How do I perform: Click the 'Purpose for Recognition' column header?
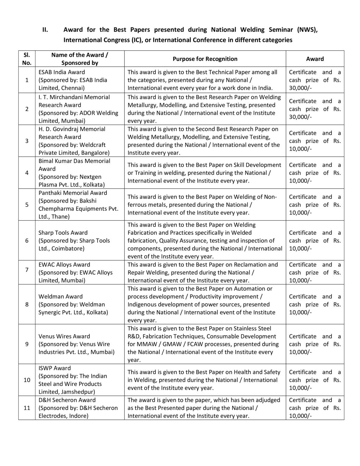point(205,59)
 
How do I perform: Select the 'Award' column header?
point(315,59)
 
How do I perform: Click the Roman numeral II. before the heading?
point(45,30)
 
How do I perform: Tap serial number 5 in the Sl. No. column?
point(27,204)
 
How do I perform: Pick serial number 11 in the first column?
point(27,408)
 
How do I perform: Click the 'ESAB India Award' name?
point(62,72)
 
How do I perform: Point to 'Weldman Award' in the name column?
point(60,296)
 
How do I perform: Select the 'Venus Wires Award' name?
point(64,336)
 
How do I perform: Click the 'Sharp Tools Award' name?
point(63,233)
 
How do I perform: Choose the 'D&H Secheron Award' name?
point(67,400)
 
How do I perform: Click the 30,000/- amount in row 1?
point(300,88)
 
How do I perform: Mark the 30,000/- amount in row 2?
point(300,117)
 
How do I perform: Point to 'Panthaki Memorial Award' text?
point(72,193)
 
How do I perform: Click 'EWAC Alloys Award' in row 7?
point(64,265)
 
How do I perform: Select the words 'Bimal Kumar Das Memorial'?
point(74,161)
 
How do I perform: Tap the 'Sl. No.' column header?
point(27,59)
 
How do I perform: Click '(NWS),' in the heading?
point(307,30)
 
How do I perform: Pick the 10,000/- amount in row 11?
point(300,416)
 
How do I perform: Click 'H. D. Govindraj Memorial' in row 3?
point(72,129)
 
